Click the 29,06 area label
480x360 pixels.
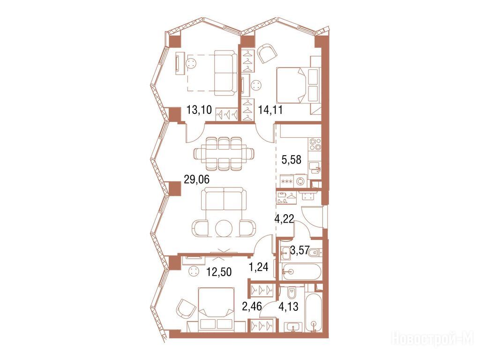tap(196, 180)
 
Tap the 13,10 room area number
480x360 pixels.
tap(199, 109)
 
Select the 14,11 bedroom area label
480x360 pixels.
tap(270, 109)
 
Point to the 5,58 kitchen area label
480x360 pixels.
tap(292, 159)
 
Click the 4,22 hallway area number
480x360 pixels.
tap(284, 219)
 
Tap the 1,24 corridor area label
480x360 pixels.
tap(259, 267)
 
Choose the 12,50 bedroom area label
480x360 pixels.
tap(218, 271)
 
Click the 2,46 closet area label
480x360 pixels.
tap(252, 307)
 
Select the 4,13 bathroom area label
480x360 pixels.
tap(288, 307)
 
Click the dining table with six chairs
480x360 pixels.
tap(224, 153)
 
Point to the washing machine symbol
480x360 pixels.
tap(301, 181)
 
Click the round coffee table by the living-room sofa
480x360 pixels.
tap(224, 228)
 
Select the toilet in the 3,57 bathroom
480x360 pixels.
tap(315, 253)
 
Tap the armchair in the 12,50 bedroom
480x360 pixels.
tap(186, 308)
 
